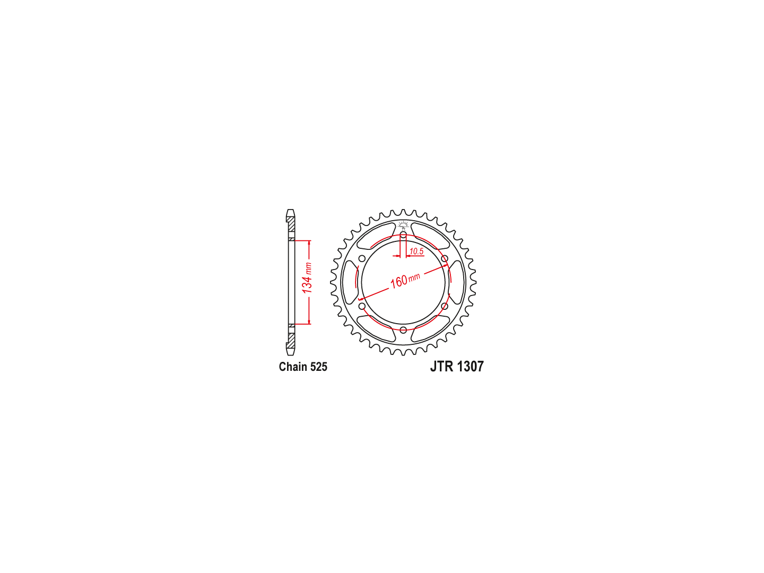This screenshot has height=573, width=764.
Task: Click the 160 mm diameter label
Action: [405, 281]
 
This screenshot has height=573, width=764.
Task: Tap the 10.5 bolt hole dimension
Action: [416, 251]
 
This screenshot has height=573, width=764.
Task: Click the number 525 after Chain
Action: [319, 367]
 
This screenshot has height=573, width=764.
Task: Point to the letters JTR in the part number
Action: [442, 366]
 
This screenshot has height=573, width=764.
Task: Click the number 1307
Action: [470, 366]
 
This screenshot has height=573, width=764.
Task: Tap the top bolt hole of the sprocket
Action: [403, 235]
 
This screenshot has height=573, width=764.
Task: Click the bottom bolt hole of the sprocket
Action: [403, 329]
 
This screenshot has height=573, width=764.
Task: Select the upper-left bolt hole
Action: [362, 258]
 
